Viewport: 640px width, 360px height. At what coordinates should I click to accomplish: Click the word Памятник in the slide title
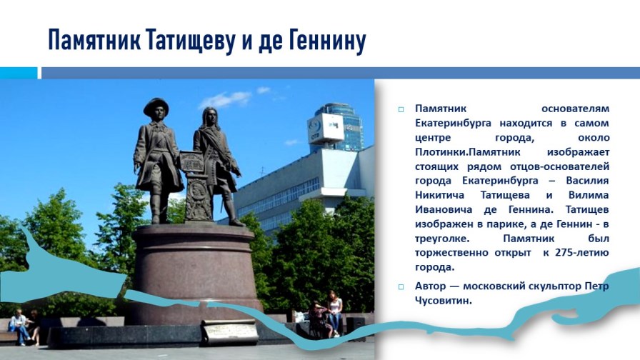coord(94,40)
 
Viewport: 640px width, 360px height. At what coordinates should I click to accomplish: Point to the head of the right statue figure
coord(209,117)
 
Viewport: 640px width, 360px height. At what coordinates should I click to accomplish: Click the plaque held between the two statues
coord(192,161)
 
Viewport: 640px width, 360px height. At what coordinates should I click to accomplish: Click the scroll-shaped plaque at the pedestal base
coord(230,332)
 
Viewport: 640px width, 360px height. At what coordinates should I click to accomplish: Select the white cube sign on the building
coord(325,129)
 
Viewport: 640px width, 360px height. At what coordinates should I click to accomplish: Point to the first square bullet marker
coord(401,109)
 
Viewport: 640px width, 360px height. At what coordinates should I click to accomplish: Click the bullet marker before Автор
coord(401,287)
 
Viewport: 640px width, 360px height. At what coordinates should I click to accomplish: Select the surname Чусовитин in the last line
coord(444,301)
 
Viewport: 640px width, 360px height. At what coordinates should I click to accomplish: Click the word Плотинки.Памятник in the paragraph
coord(468,152)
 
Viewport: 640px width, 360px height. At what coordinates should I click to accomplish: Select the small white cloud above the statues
coord(226,99)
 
